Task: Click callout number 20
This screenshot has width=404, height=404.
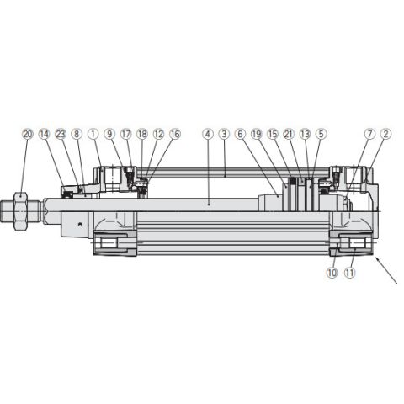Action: [28, 134]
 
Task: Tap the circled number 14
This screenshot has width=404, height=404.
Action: [44, 134]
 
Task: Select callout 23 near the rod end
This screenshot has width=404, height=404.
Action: [61, 134]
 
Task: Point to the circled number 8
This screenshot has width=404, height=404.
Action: [76, 134]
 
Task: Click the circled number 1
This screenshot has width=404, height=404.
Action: [93, 134]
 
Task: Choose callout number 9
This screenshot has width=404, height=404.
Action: [109, 134]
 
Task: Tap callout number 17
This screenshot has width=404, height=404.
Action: [125, 134]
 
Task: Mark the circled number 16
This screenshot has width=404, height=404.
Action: [175, 134]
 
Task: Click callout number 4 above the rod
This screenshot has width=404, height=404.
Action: [208, 134]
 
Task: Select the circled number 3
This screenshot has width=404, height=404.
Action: [224, 134]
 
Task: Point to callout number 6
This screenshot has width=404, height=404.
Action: [241, 134]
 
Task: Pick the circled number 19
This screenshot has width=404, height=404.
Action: [257, 134]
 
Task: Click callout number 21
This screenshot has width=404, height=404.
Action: [289, 134]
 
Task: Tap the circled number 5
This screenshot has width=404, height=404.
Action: [321, 134]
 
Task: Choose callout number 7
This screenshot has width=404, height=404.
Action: [369, 134]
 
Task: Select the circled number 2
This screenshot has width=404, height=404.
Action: [385, 134]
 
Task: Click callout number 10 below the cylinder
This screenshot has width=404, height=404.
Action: [332, 273]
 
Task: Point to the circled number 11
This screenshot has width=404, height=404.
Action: [350, 273]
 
